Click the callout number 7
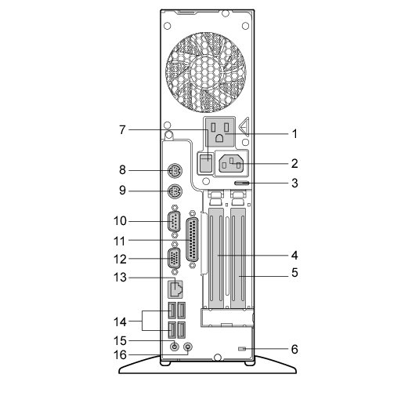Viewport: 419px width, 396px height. [x=122, y=130]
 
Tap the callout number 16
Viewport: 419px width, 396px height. [x=120, y=355]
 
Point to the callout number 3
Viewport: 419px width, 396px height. [x=294, y=183]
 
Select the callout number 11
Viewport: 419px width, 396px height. [x=120, y=241]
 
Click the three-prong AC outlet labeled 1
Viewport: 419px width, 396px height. [x=219, y=132]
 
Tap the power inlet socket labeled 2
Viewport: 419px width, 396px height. [x=231, y=163]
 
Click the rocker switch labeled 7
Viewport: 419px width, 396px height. [x=205, y=162]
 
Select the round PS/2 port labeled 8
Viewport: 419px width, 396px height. [x=175, y=170]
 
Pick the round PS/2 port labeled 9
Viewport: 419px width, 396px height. [x=175, y=191]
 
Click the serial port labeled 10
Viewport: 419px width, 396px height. [x=174, y=221]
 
